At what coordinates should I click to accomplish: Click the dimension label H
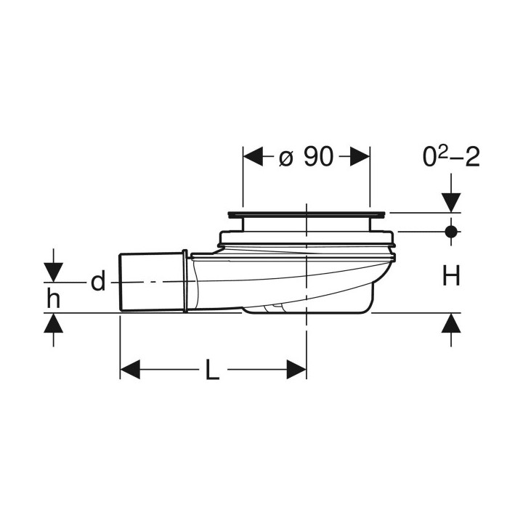click(451, 275)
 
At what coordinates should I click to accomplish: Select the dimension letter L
click(212, 370)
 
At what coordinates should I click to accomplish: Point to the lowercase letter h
click(53, 298)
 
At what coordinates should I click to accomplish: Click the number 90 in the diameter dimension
click(319, 156)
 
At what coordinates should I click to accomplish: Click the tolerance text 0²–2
click(451, 157)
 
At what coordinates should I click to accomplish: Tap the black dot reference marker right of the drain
click(451, 231)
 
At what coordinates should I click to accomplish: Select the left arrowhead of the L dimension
click(130, 369)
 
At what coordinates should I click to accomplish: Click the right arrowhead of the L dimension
click(296, 369)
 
